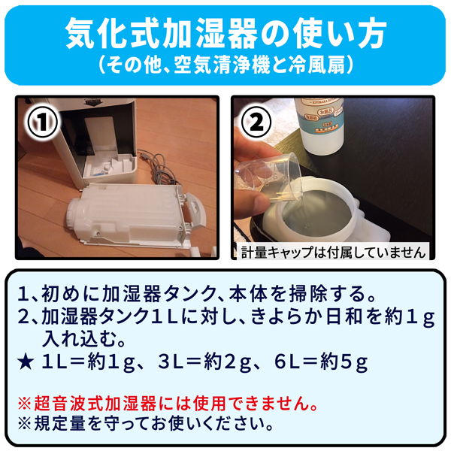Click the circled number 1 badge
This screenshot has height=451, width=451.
click(43, 122)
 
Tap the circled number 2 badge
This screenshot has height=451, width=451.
click(256, 122)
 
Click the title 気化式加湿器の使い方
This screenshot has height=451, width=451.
click(225, 33)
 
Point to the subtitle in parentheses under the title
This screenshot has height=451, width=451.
click(225, 65)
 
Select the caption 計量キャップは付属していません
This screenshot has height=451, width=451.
click(333, 253)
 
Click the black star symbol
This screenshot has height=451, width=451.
click(26, 362)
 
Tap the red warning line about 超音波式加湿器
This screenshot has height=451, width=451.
click(168, 403)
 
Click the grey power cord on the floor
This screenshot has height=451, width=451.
click(161, 170)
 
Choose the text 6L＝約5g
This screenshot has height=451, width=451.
click(321, 362)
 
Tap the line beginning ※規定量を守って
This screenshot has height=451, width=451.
click(145, 424)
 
